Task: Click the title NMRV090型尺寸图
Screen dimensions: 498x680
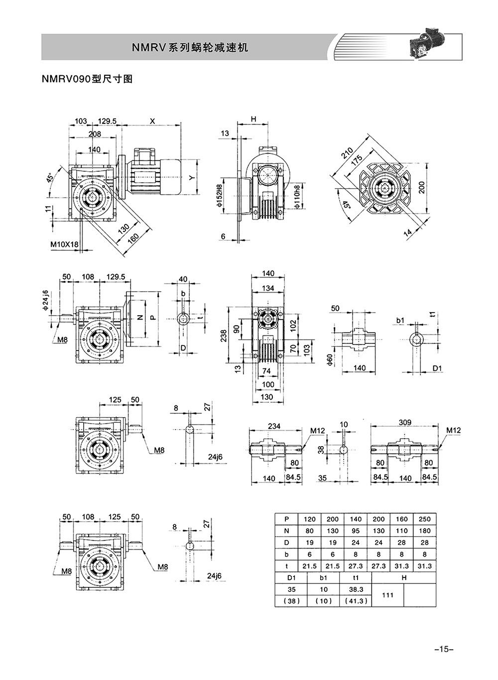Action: click(x=87, y=79)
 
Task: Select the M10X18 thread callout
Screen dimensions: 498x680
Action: click(x=64, y=244)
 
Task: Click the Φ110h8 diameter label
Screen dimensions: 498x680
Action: click(x=297, y=197)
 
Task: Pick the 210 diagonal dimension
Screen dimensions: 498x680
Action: click(x=347, y=153)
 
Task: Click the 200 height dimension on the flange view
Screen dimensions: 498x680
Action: click(x=421, y=187)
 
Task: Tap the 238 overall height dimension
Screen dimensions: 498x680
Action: click(x=224, y=336)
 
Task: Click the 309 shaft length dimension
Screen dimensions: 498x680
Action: click(x=405, y=423)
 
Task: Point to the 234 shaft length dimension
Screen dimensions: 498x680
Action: click(x=274, y=426)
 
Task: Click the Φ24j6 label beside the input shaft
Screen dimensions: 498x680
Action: click(x=45, y=300)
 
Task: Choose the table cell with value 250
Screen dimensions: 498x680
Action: click(x=424, y=519)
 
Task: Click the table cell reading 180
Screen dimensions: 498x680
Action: click(x=424, y=531)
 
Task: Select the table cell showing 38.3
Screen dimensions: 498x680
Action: click(x=356, y=589)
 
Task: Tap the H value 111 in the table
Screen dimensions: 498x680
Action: click(x=388, y=595)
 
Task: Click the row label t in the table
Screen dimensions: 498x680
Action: click(x=286, y=566)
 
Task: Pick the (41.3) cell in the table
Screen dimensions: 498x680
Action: click(x=356, y=601)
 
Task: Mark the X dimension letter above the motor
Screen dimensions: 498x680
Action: click(x=152, y=121)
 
